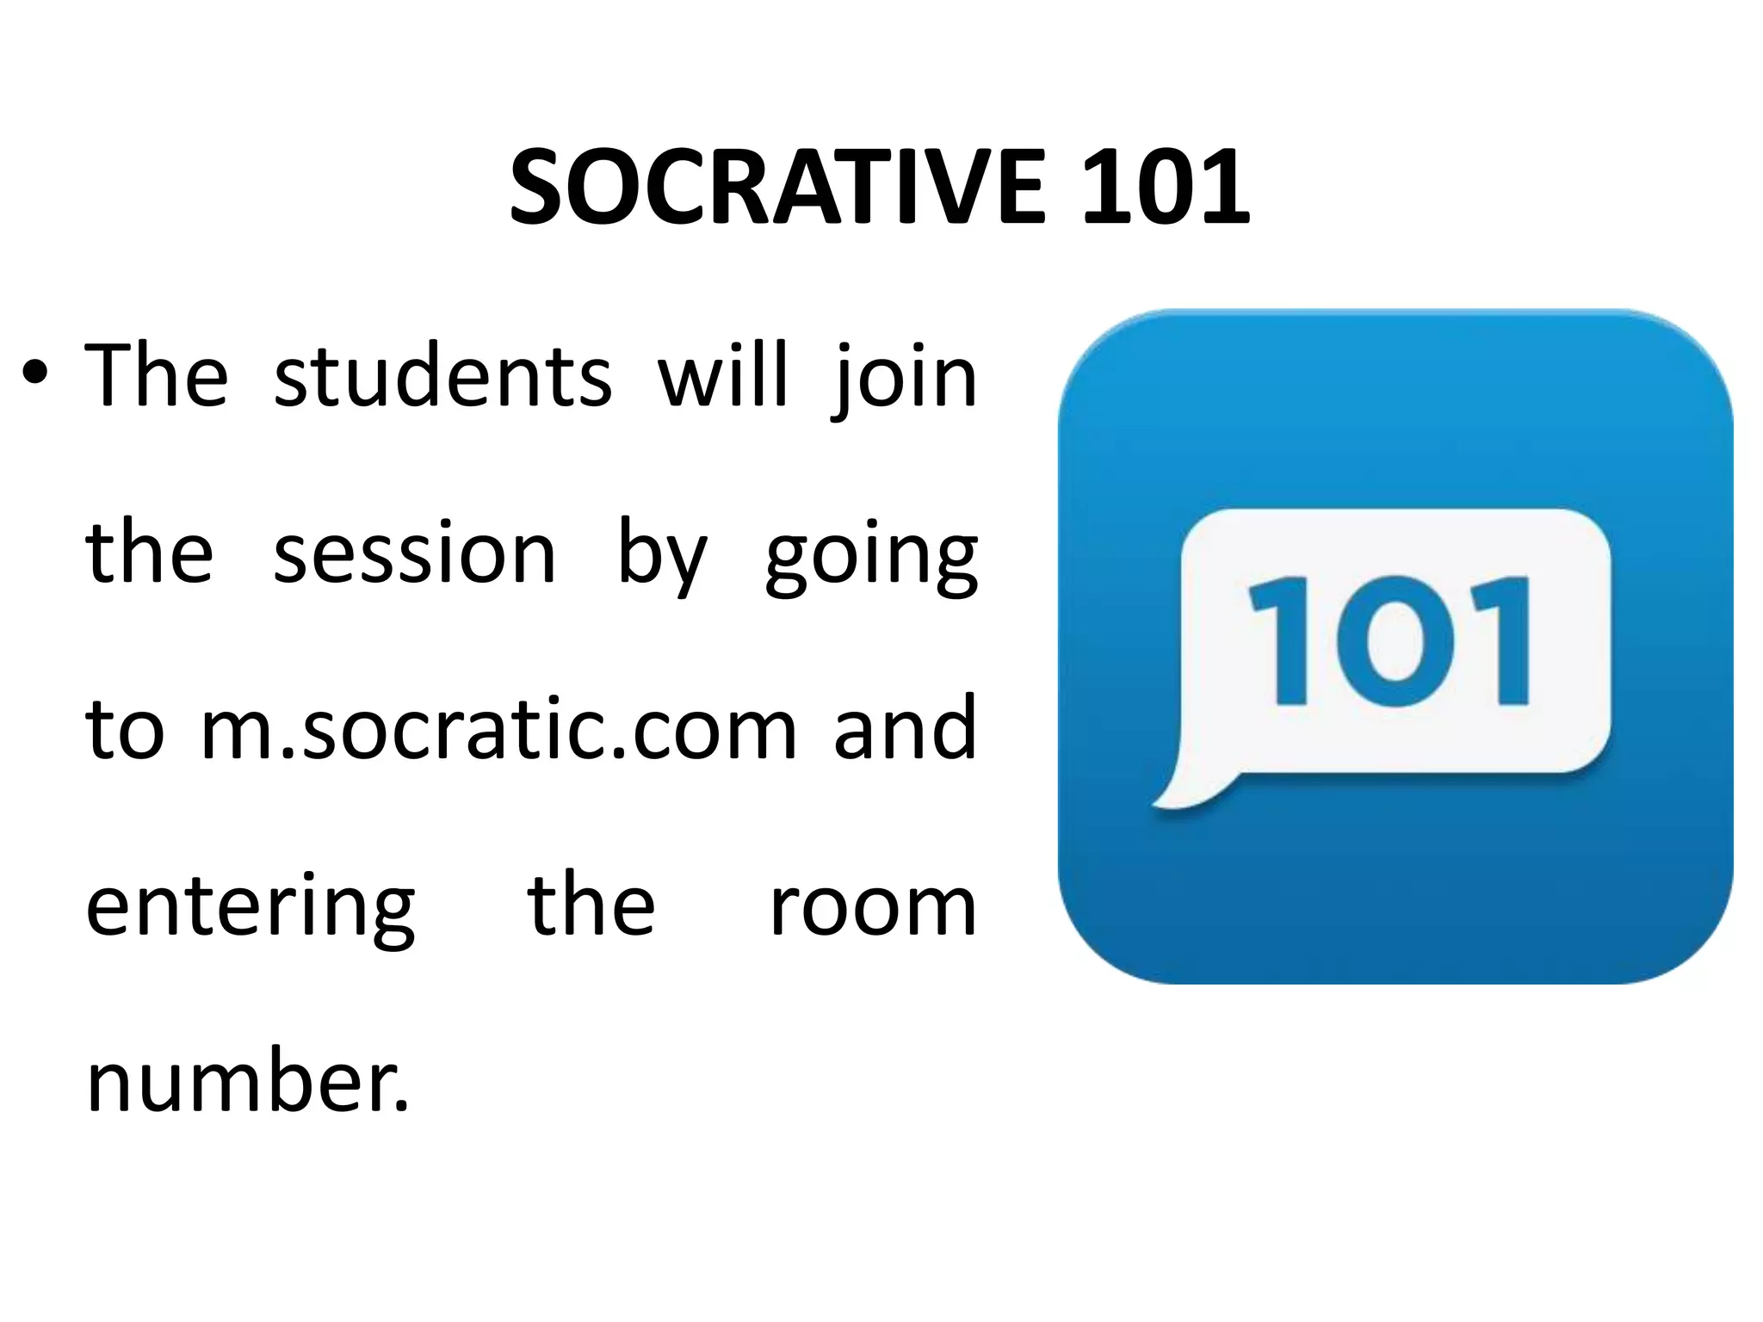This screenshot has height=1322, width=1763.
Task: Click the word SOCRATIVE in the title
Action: [776, 188]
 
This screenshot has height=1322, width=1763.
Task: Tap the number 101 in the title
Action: [1164, 188]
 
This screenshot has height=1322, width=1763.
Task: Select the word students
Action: [442, 376]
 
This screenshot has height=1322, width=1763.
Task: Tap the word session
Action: [414, 554]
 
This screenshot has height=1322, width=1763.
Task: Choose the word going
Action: [871, 558]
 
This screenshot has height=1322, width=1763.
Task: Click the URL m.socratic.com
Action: [498, 730]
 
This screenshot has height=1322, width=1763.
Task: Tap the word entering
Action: [251, 908]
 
